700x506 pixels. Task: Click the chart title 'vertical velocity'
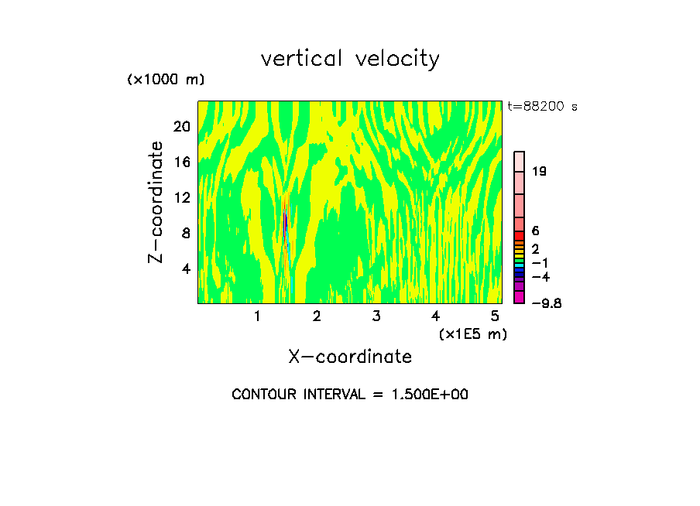click(350, 59)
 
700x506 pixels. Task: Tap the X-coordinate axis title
click(350, 357)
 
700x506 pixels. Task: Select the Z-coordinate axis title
click(156, 202)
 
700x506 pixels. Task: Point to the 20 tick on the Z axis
click(182, 127)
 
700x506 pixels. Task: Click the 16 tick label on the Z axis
click(182, 162)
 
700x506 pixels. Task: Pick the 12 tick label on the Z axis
click(182, 198)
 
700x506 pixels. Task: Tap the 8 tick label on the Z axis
click(185, 234)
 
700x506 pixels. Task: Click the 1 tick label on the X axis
click(257, 316)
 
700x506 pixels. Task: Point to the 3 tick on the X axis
click(376, 316)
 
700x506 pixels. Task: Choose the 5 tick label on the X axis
click(495, 316)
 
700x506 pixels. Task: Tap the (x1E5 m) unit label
click(472, 334)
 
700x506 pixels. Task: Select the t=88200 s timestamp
click(543, 107)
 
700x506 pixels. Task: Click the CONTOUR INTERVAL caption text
click(350, 395)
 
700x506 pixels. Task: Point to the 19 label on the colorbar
click(540, 172)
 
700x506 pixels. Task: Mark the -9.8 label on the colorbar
click(546, 303)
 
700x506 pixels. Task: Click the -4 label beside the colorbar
click(540, 277)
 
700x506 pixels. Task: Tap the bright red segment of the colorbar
click(520, 236)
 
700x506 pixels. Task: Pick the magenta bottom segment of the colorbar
click(520, 298)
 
